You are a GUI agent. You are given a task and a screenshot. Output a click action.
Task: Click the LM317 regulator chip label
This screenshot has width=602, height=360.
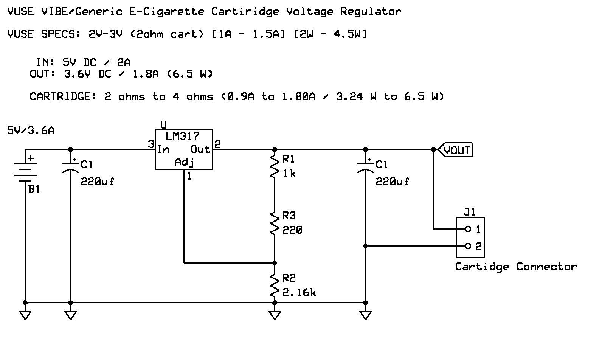183,136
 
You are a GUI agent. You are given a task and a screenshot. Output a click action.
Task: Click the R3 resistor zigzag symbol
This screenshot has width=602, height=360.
275,223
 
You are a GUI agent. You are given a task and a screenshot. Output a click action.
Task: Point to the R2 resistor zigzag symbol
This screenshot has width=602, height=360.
275,285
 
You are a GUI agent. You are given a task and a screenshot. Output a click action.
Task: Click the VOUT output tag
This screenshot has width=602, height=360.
455,150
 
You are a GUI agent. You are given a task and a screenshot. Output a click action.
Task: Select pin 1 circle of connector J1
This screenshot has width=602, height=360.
467,229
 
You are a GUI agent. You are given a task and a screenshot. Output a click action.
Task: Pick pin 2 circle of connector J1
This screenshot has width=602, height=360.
467,246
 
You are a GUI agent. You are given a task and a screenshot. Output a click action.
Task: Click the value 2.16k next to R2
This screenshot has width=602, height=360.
299,292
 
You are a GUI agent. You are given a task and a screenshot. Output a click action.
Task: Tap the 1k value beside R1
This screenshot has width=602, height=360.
289,174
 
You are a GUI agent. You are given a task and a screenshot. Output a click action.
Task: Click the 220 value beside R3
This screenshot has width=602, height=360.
292,230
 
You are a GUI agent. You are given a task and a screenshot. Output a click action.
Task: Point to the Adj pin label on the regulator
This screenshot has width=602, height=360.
185,162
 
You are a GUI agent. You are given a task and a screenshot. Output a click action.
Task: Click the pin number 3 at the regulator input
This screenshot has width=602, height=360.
151,144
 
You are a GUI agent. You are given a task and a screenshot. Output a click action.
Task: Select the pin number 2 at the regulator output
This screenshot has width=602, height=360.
217,144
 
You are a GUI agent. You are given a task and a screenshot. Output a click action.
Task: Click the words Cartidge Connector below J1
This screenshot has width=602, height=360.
516,267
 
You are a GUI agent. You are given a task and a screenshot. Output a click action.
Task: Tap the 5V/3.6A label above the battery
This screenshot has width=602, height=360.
31,131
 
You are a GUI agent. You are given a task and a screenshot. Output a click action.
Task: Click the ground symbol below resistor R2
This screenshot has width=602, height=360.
275,315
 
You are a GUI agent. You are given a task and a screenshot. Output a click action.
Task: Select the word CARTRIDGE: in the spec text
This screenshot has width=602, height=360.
63,97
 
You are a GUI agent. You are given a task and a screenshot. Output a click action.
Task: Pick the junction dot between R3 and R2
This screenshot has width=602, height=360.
275,263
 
